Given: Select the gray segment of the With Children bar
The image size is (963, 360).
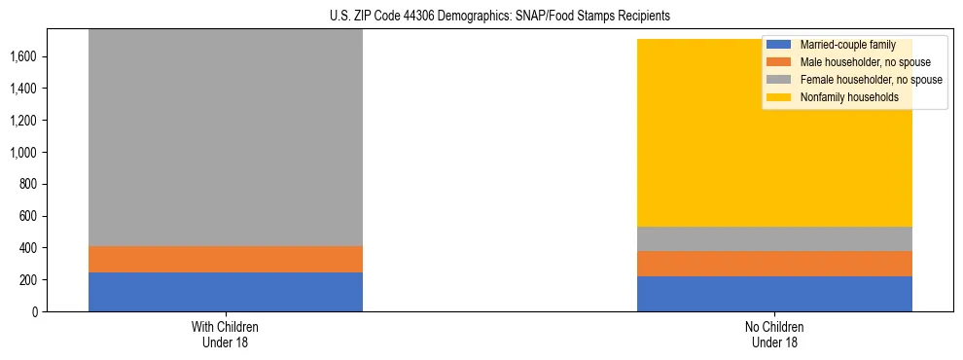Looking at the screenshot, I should [225, 136].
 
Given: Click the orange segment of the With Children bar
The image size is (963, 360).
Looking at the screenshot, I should [225, 259].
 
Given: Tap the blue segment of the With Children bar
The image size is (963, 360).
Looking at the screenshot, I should [225, 292].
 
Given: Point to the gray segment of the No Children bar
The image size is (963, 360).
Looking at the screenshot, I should [774, 238].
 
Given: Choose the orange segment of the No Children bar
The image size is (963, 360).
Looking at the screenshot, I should [774, 264].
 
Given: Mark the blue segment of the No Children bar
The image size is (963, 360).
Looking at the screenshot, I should [774, 294].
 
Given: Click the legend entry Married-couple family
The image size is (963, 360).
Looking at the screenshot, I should [847, 45].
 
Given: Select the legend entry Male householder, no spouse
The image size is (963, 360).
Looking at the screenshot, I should [865, 62].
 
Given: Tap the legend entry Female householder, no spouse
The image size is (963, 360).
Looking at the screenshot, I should [871, 80].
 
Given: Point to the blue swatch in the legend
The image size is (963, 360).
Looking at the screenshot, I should [779, 45].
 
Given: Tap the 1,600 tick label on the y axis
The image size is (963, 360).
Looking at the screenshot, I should [22, 56].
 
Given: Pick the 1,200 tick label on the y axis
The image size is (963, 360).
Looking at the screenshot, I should [22, 121].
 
